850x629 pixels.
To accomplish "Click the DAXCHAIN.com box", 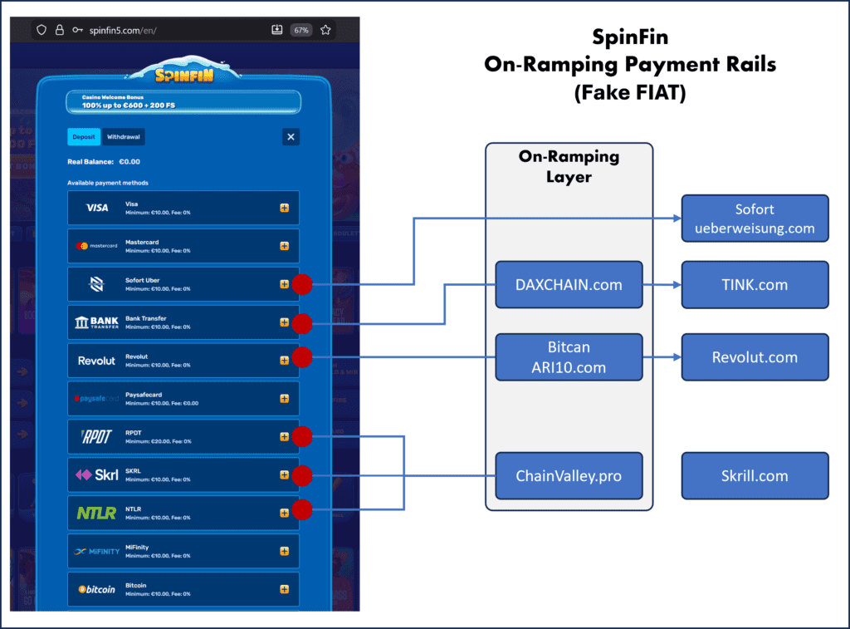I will pyautogui.click(x=569, y=285).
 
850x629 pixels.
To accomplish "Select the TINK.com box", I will pyautogui.click(x=755, y=285).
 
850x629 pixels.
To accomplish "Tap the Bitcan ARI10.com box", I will pyautogui.click(x=569, y=357).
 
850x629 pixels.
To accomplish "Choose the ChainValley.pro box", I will pyautogui.click(x=569, y=476).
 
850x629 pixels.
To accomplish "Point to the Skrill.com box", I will pyautogui.click(x=755, y=476).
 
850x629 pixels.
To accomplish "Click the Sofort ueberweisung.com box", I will pyautogui.click(x=755, y=219).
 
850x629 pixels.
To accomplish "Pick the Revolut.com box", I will pyautogui.click(x=755, y=357).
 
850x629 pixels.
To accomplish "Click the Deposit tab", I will pyautogui.click(x=84, y=137).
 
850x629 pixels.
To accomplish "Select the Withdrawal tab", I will pyautogui.click(x=123, y=137).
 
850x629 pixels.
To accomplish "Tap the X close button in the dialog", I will pyautogui.click(x=291, y=137).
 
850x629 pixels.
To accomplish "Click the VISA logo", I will pyautogui.click(x=97, y=208).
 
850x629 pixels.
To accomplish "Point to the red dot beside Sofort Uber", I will pyautogui.click(x=302, y=284).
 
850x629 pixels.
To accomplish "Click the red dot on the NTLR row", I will pyautogui.click(x=302, y=509).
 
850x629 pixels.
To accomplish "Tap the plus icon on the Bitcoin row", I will pyautogui.click(x=284, y=589).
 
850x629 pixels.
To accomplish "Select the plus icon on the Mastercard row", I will pyautogui.click(x=284, y=246).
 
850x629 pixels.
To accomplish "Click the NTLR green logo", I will pyautogui.click(x=97, y=514).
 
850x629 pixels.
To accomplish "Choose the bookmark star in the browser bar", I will pyautogui.click(x=325, y=30).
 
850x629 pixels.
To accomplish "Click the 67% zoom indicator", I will pyautogui.click(x=300, y=30).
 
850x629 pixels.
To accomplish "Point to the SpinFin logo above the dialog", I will pyautogui.click(x=183, y=74).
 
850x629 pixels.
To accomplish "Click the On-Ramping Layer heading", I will pyautogui.click(x=569, y=166).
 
